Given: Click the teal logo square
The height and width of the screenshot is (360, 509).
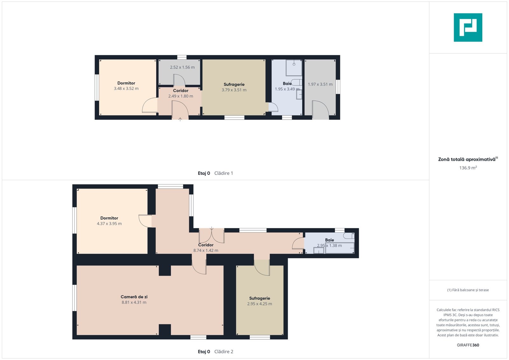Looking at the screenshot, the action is click(x=468, y=27).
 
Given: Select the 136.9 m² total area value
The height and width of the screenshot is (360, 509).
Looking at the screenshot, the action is click(x=468, y=168).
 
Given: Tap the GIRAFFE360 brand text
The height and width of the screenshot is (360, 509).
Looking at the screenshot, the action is click(x=468, y=345).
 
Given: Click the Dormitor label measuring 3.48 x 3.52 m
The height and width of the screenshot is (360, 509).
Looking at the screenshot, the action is click(x=126, y=83).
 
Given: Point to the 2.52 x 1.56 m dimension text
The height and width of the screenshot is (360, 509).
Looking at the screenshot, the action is click(x=182, y=67).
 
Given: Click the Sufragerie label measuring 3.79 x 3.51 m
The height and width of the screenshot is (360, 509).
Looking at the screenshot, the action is click(x=234, y=85).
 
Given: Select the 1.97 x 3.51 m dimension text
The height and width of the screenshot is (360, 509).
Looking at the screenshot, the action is click(x=320, y=84).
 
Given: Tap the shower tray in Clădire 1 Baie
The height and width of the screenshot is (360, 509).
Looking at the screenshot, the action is click(x=294, y=68).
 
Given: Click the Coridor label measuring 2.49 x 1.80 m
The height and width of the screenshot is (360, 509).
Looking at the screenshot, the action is click(x=181, y=91).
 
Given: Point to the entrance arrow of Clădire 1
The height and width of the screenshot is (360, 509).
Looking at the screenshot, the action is click(x=180, y=120).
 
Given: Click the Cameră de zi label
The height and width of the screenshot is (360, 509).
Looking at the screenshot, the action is click(x=134, y=297).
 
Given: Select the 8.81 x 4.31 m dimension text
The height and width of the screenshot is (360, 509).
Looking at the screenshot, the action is click(x=134, y=302).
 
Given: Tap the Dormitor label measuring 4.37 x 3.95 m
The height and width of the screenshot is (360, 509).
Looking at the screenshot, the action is click(x=109, y=218).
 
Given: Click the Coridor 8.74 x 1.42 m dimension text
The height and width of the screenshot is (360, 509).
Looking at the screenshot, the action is click(x=206, y=250).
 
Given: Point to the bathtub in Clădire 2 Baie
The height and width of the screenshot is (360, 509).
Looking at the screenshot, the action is click(x=340, y=248).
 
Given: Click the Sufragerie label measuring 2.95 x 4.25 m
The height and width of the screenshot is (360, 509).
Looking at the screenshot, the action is click(x=260, y=298).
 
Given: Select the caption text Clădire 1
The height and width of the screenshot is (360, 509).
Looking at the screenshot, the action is click(x=224, y=173).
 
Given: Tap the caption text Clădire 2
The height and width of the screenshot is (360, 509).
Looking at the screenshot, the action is click(x=224, y=352).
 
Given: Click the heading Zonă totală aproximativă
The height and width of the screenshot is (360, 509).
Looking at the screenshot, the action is click(x=467, y=159).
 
